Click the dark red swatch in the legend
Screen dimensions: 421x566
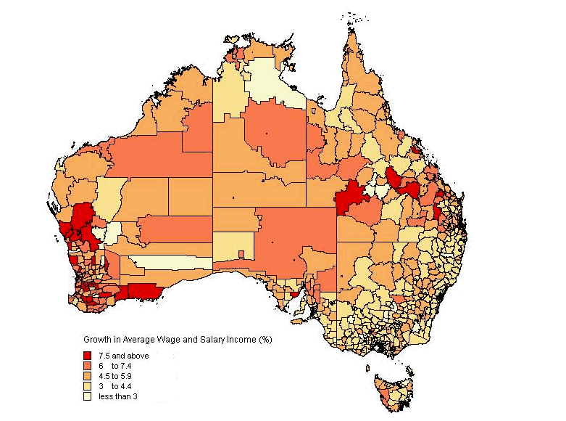88,356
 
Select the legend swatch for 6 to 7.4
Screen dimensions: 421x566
88,367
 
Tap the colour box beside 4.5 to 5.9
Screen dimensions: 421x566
88,377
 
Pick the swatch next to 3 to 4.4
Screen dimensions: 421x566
88,387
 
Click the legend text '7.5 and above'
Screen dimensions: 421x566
122,356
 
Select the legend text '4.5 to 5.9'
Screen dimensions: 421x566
116,377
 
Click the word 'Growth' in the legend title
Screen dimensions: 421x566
97,339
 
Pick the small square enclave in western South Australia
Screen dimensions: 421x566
242,253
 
